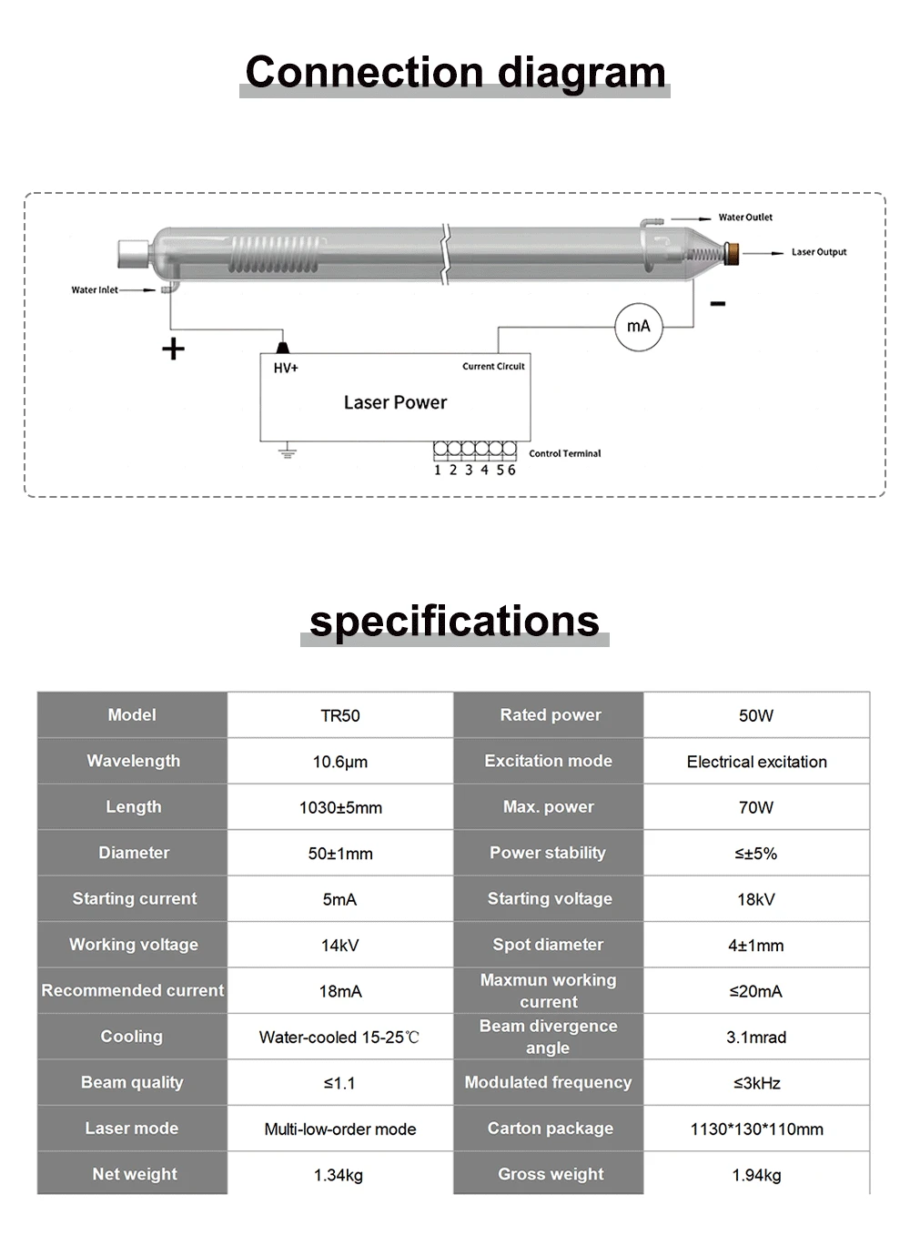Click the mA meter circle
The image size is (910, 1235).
tap(639, 327)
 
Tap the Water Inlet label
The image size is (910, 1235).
tap(95, 290)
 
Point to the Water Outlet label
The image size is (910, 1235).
tap(745, 218)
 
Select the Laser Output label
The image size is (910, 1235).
tap(818, 252)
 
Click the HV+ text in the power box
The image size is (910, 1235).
tap(286, 368)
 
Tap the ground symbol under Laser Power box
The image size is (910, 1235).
tap(288, 451)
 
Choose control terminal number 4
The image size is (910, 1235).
tap(484, 470)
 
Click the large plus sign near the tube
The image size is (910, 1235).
tap(173, 349)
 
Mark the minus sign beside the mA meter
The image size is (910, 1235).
tap(718, 304)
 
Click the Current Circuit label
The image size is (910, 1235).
tap(493, 367)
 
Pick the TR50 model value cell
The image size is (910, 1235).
tap(340, 716)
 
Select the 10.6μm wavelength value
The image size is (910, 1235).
tap(340, 762)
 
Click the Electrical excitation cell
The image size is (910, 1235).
tap(756, 762)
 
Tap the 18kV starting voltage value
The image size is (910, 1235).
tap(756, 899)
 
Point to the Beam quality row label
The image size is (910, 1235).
tap(132, 1082)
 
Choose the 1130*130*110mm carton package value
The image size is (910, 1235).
tap(756, 1129)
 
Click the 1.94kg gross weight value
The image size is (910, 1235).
tap(756, 1175)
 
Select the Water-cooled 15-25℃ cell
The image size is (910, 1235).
tap(339, 1038)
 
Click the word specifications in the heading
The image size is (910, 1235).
tap(454, 622)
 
